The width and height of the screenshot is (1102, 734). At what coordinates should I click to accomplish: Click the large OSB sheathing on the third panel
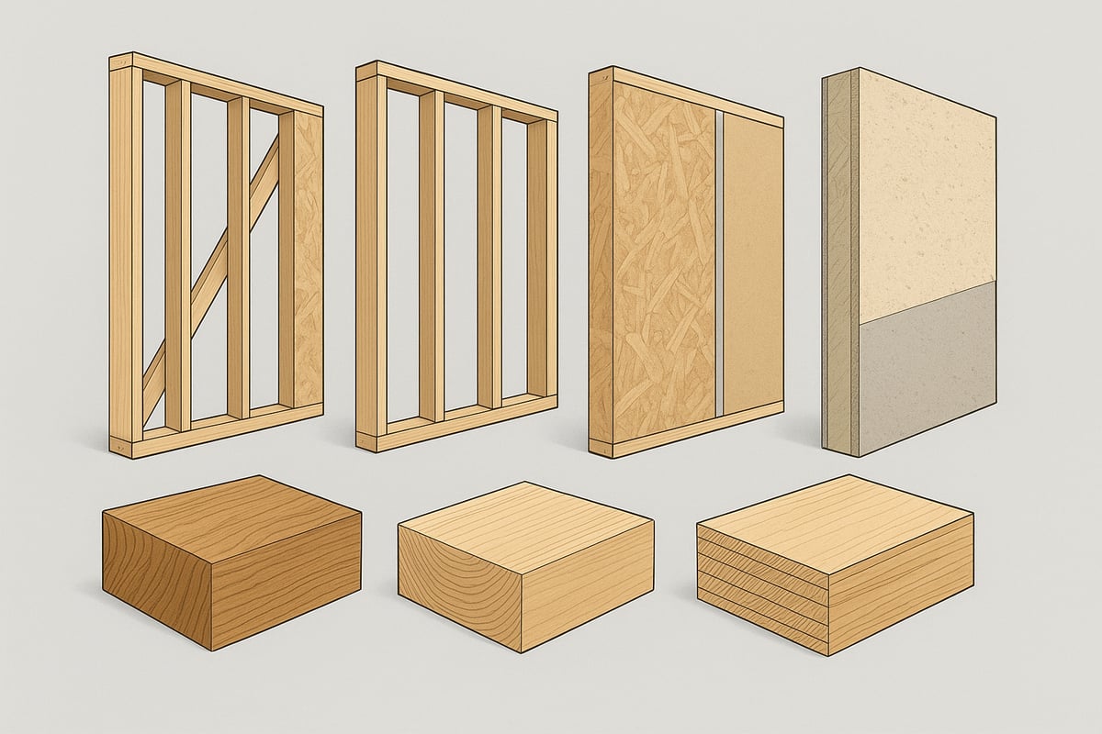[x=661, y=275]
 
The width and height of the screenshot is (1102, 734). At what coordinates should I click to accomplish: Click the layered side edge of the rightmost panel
[x=839, y=266]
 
